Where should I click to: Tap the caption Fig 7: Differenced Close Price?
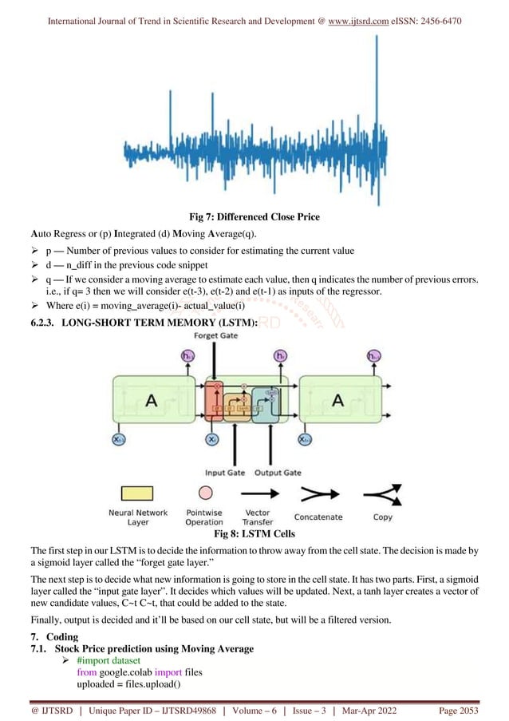point(254,216)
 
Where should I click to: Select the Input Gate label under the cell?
point(224,473)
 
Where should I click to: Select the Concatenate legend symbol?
point(318,493)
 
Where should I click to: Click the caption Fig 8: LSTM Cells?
point(254,533)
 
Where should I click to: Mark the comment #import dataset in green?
point(110,662)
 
